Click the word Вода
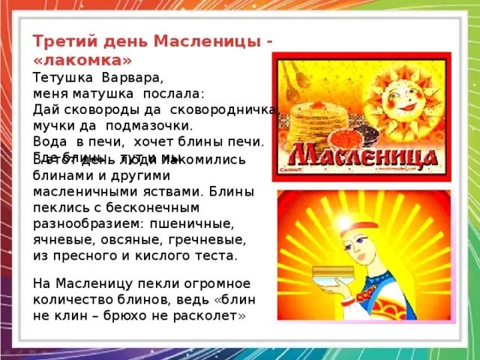pyautogui.click(x=50, y=141)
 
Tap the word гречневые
pyautogui.click(x=209, y=239)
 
